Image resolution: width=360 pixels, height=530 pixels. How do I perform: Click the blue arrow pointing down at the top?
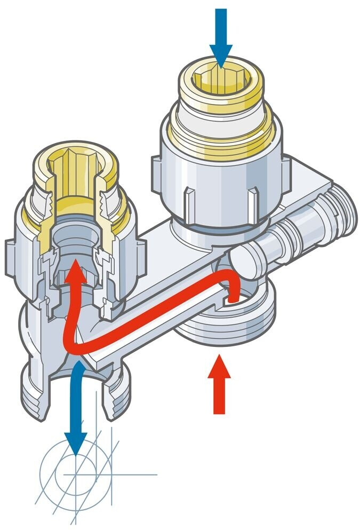(x=220, y=40)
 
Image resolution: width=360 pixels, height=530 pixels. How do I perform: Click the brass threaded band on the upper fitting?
(x=221, y=141)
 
